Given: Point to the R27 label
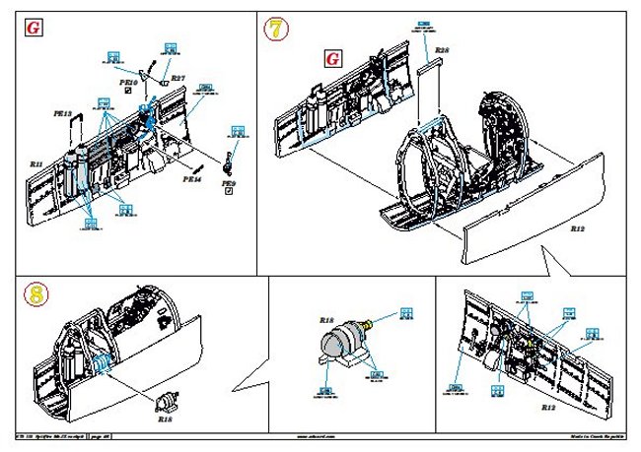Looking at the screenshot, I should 178,77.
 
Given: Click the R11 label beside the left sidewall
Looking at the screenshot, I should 36,163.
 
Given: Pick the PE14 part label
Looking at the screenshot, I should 191,179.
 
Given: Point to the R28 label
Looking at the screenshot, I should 443,49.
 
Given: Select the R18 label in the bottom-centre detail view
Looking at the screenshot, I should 327,321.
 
